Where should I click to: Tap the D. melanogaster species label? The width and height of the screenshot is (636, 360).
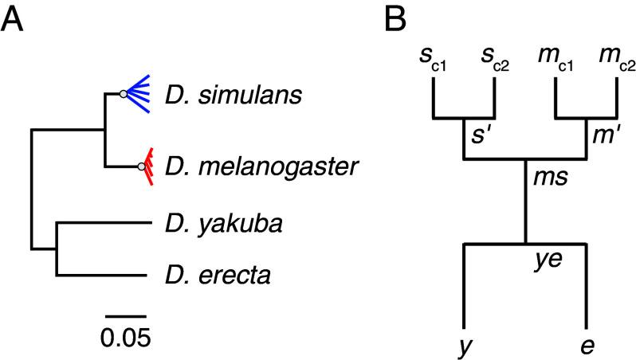pos(252,168)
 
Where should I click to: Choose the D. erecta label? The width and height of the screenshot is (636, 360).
pos(206,276)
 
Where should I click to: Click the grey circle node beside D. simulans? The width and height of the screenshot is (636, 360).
pos(124,95)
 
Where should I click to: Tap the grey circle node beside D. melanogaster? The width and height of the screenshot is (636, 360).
pos(141,167)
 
